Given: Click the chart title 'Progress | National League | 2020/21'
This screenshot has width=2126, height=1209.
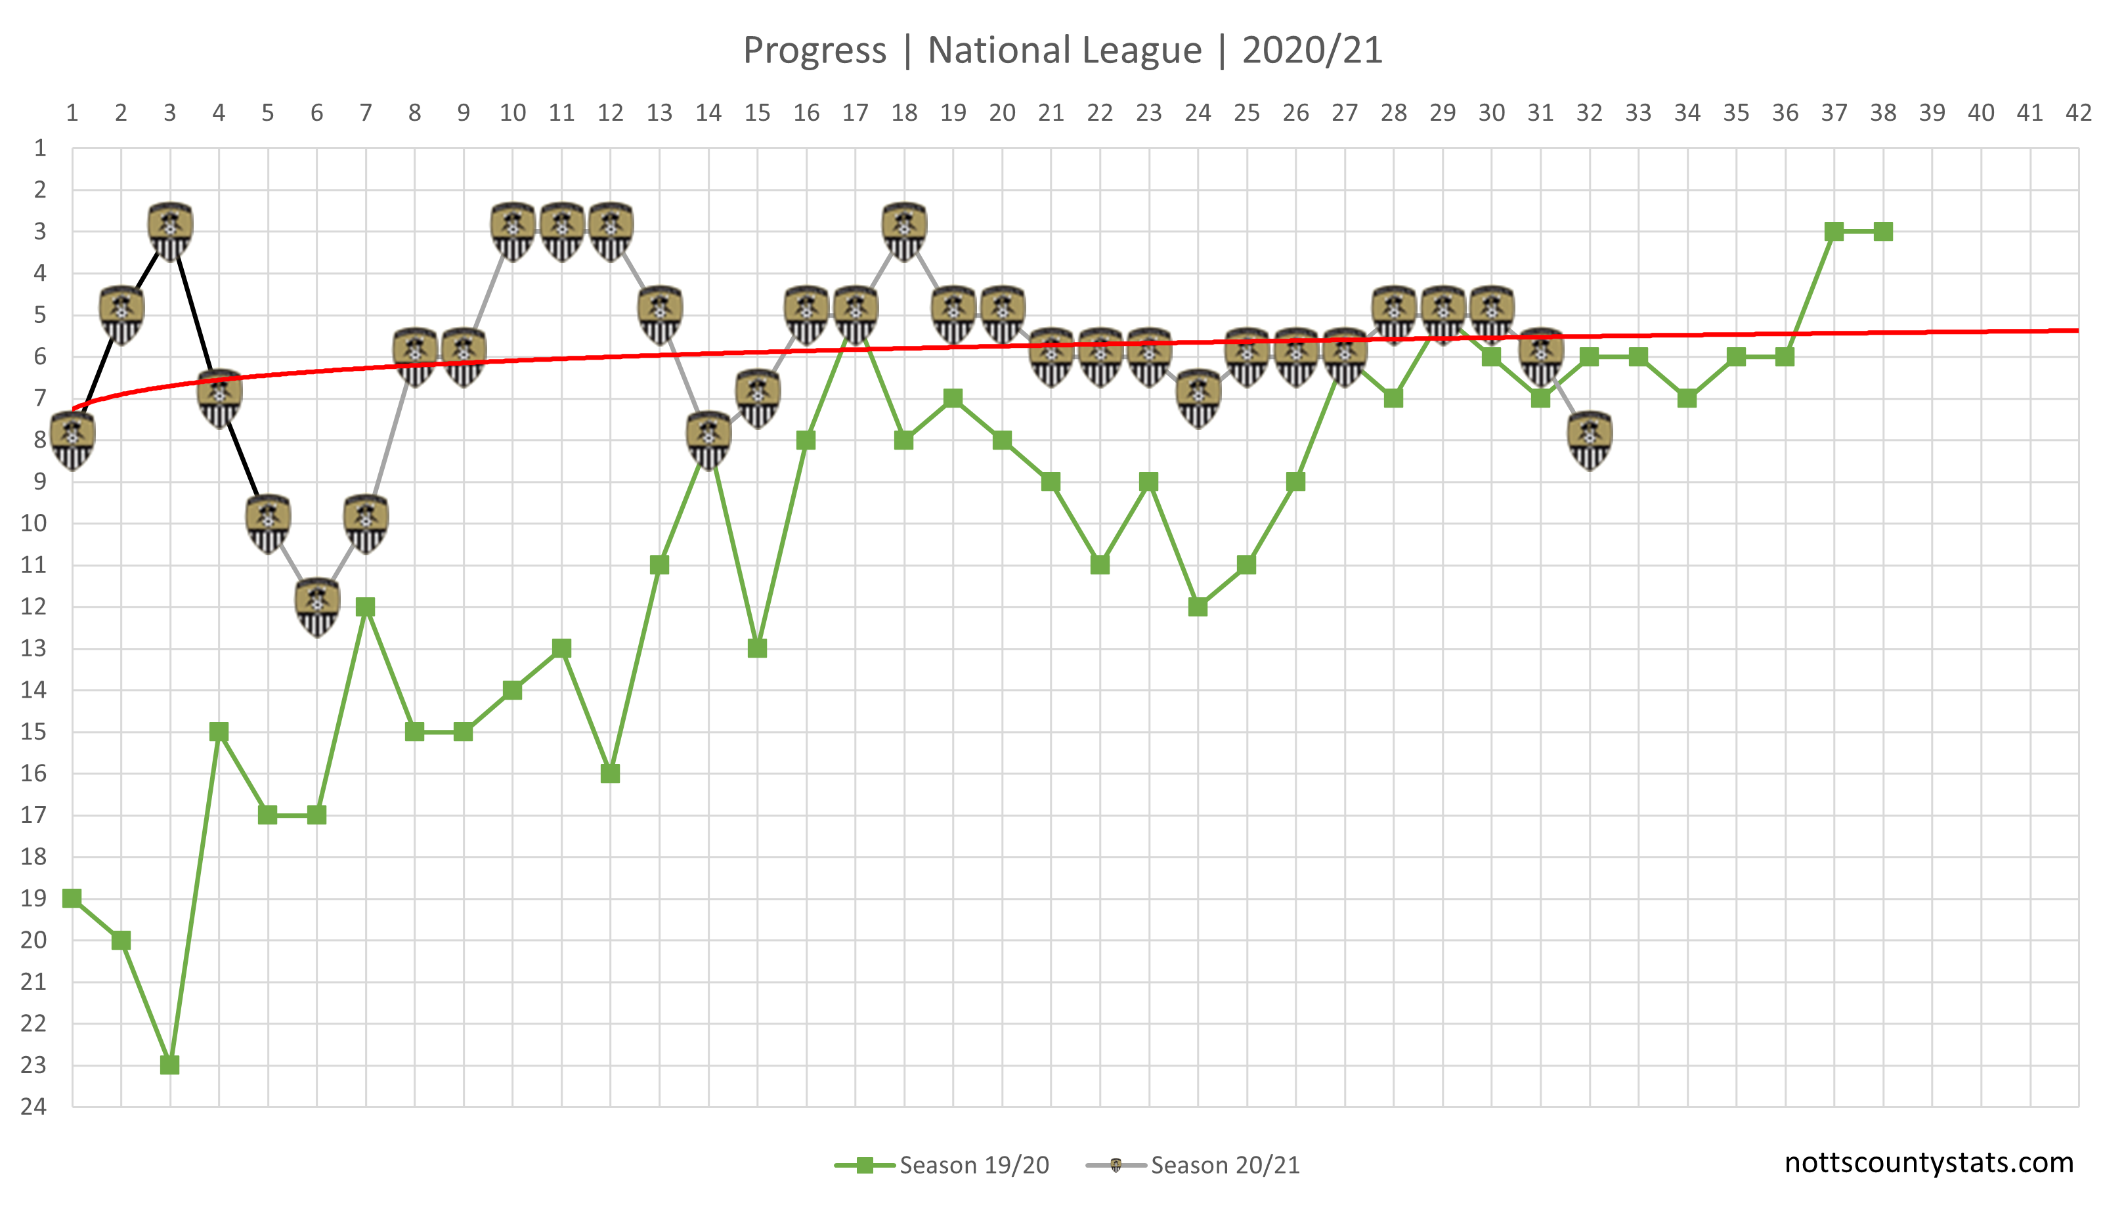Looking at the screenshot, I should coord(1062,50).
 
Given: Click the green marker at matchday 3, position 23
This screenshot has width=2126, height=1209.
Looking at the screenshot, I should coord(169,1065).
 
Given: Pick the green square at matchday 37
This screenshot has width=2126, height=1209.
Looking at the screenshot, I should coord(1834,232).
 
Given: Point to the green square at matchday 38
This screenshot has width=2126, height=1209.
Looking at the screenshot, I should coord(1882,232).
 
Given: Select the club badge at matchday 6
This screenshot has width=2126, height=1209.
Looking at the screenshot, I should coord(316,607).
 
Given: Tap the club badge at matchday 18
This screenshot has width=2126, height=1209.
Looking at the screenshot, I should coord(903,232).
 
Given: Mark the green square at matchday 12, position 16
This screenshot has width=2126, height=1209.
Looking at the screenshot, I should coord(611,773).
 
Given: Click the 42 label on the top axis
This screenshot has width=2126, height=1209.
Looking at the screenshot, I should coord(2078,113).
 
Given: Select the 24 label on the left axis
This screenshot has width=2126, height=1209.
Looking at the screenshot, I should coord(33,1106).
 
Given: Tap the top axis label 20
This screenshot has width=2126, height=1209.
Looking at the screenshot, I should coord(1001,113).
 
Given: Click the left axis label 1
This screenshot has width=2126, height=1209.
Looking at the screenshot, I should coord(39,148).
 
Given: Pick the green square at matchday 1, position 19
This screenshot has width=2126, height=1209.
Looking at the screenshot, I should coord(72,899).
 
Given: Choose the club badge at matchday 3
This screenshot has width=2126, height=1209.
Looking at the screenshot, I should coord(169,232).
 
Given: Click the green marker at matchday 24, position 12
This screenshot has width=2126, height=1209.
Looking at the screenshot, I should coord(1198,607).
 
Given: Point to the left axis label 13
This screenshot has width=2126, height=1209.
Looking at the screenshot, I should coord(33,648).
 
